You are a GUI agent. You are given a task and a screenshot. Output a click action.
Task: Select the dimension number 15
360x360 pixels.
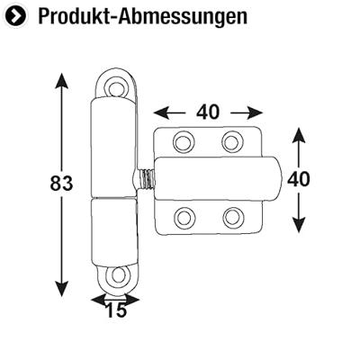(x=114, y=311)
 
